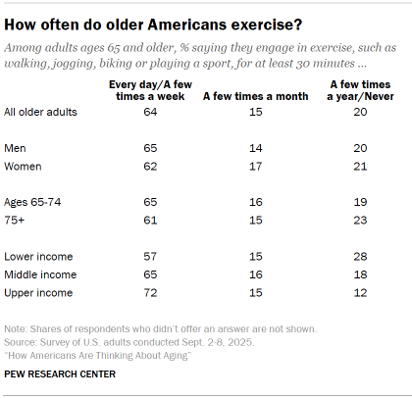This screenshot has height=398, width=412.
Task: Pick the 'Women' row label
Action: tap(24, 167)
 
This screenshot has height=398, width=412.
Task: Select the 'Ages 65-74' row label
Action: tap(32, 201)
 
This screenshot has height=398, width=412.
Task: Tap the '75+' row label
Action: tap(15, 220)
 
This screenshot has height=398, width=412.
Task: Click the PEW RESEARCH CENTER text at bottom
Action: tap(60, 373)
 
